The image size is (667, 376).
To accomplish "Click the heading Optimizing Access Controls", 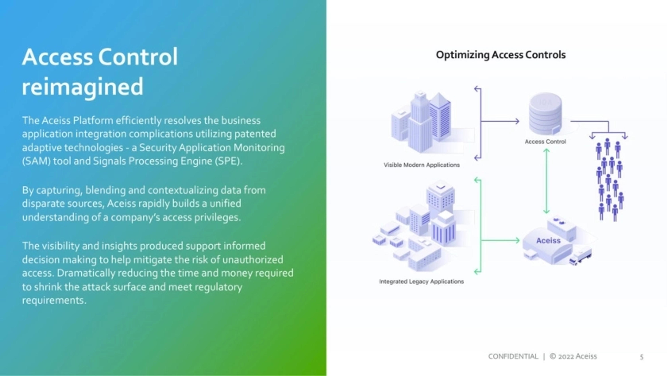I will pyautogui.click(x=500, y=55).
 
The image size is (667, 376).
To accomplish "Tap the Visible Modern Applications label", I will pyautogui.click(x=422, y=165).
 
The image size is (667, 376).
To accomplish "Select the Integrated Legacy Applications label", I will pyautogui.click(x=421, y=281).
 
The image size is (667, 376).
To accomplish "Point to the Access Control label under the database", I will pyautogui.click(x=545, y=142).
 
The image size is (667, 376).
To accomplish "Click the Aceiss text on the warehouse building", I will pyautogui.click(x=548, y=241).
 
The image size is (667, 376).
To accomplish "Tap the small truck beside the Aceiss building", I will pyautogui.click(x=580, y=256).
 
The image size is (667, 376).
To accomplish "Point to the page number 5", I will pyautogui.click(x=642, y=357).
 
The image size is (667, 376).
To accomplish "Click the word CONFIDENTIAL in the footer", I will pyautogui.click(x=513, y=357).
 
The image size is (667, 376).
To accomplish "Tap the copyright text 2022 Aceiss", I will pyautogui.click(x=577, y=357).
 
